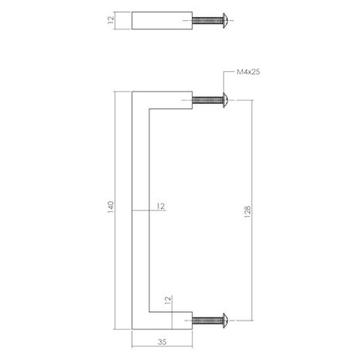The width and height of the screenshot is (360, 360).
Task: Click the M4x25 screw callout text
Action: (247, 75)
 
